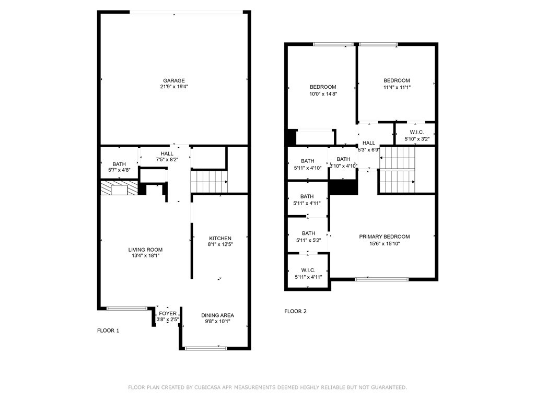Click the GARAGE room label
pyautogui.click(x=173, y=80)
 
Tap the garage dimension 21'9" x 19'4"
pyautogui.click(x=173, y=87)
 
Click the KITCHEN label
pyautogui.click(x=220, y=238)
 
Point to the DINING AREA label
pyautogui.click(x=217, y=315)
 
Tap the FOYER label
pyautogui.click(x=168, y=313)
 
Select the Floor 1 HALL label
pyautogui.click(x=167, y=154)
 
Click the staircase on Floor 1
pyautogui.click(x=209, y=182)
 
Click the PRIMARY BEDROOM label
pyautogui.click(x=384, y=237)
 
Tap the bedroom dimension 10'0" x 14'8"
pyautogui.click(x=322, y=94)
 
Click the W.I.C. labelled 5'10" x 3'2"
pyautogui.click(x=416, y=136)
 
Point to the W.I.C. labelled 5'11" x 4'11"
pyautogui.click(x=308, y=273)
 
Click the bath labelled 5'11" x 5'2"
pyautogui.click(x=308, y=237)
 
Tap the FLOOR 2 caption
pyautogui.click(x=295, y=311)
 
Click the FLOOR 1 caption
pyautogui.click(x=108, y=331)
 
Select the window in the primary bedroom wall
pyautogui.click(x=382, y=279)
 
